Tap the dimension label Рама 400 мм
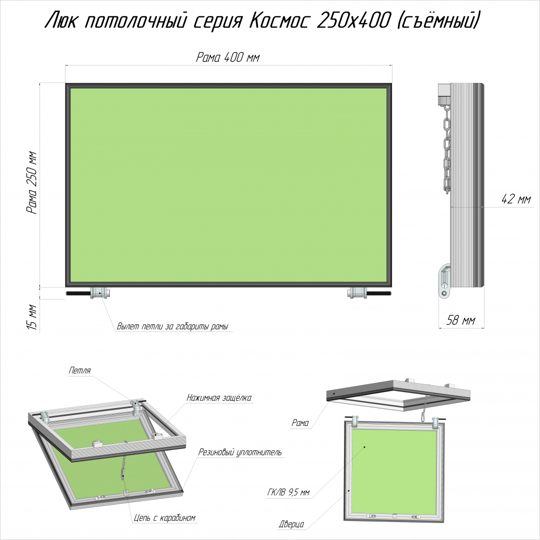227,57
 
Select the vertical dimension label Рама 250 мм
31,182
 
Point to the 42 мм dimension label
516,199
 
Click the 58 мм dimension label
460,320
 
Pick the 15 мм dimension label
31,316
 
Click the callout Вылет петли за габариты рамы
172,326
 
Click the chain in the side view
446,149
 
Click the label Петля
79,370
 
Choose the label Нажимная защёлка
219,398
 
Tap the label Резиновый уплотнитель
240,452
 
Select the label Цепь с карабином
164,518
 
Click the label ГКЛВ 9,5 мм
288,493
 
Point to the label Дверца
291,524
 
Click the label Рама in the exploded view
300,423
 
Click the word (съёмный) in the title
438,20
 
